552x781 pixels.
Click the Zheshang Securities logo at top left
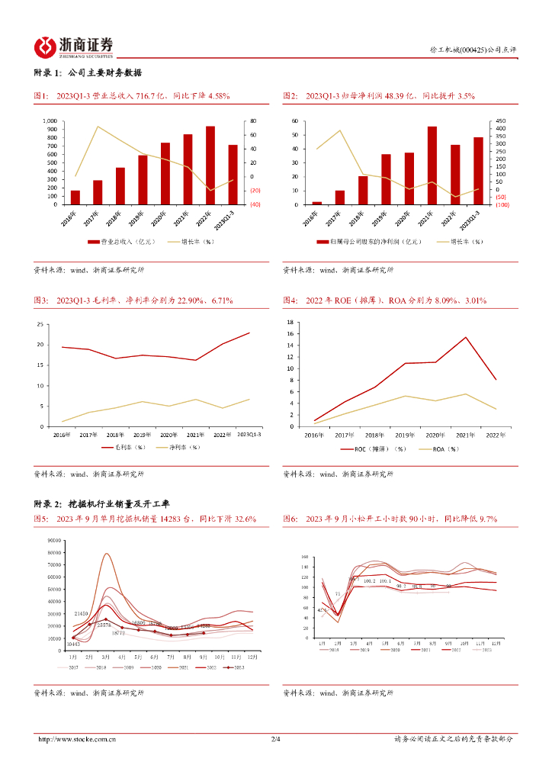pyautogui.click(x=74, y=47)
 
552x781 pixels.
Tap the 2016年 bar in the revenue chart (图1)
pyautogui.click(x=75, y=198)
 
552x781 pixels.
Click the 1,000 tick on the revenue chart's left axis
pyautogui.click(x=49, y=121)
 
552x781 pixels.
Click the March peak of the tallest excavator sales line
pyautogui.click(x=107, y=554)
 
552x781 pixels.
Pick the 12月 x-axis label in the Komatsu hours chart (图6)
pyautogui.click(x=496, y=643)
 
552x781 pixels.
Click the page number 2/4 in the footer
pyautogui.click(x=276, y=739)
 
